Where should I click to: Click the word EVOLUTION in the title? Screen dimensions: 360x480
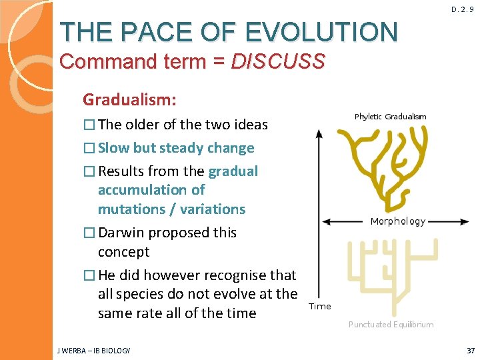(321, 31)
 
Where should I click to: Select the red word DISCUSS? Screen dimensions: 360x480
(278, 62)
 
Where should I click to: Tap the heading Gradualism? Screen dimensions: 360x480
(129, 100)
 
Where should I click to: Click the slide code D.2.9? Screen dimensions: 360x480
(462, 10)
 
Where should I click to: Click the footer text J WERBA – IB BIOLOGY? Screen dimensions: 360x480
(94, 350)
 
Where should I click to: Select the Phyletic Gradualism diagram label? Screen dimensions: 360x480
(390, 117)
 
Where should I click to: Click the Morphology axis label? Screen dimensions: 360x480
(397, 221)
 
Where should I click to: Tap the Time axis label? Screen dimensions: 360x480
(320, 306)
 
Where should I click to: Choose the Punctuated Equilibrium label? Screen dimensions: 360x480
(391, 325)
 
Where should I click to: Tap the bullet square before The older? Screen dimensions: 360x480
(89, 125)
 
